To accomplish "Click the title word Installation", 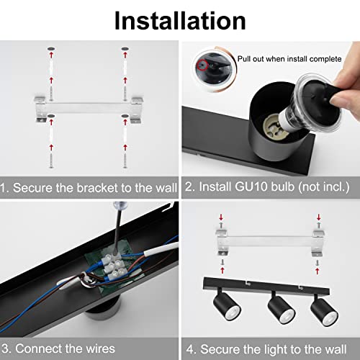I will coord(180,19).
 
